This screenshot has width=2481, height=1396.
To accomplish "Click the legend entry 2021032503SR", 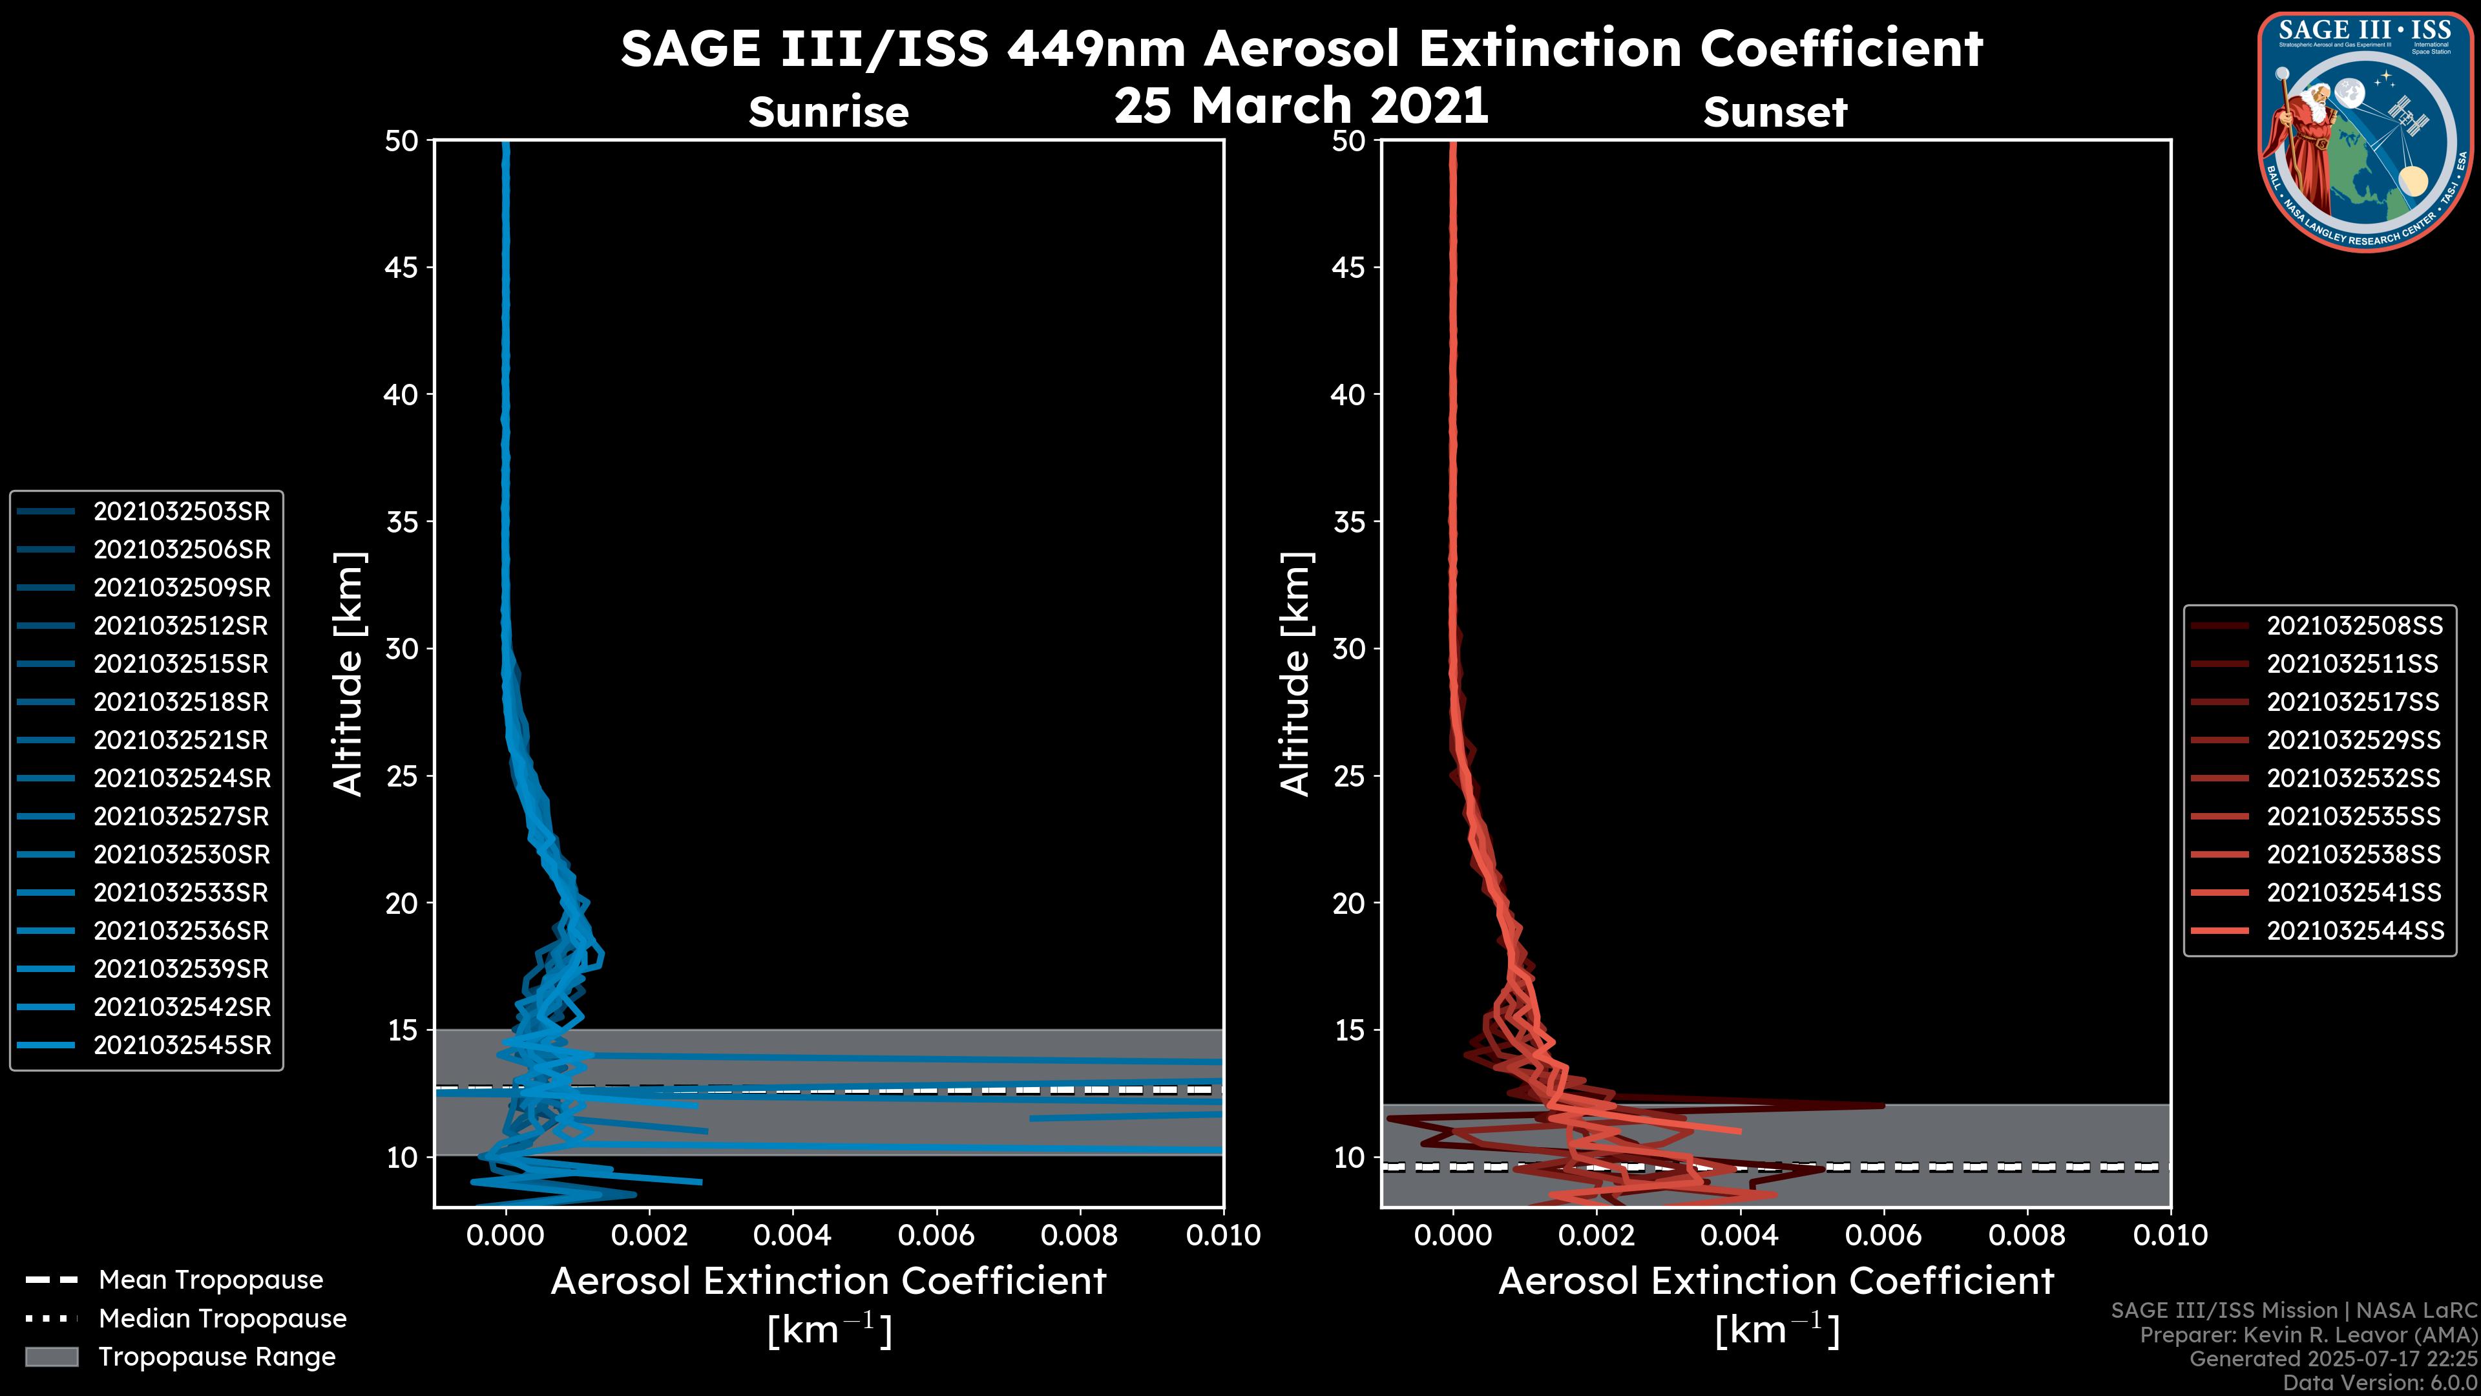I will [x=181, y=512].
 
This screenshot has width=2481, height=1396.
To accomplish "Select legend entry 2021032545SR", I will [x=181, y=1045].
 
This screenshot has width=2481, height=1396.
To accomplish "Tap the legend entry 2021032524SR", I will [x=181, y=778].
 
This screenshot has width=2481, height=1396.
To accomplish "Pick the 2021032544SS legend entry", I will [x=2354, y=931].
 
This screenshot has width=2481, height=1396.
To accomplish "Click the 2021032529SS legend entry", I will [x=2354, y=740].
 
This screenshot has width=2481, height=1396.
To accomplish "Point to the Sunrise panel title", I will [x=828, y=112].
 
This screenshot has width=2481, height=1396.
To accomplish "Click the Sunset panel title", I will [x=1775, y=112].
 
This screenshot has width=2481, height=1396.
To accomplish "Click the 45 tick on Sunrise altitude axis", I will [x=402, y=268].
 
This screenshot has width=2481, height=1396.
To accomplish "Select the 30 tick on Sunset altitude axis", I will [x=1348, y=650].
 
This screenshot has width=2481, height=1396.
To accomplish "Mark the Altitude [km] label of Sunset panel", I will [x=1295, y=674].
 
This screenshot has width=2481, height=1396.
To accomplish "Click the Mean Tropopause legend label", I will [x=210, y=1280].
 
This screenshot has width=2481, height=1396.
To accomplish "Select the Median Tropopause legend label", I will [x=222, y=1319].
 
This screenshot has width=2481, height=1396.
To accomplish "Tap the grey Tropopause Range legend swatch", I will [x=51, y=1357].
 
